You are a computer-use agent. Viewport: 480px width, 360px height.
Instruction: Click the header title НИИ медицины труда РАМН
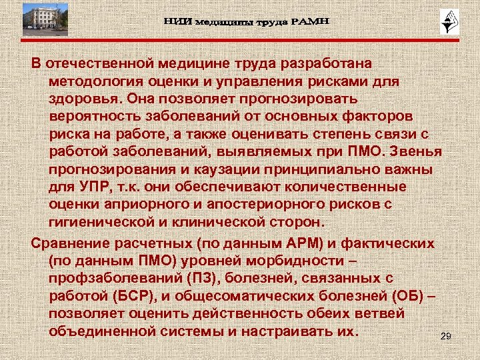(x=247, y=22)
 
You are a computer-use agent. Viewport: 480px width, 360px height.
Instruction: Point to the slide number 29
(x=446, y=336)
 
